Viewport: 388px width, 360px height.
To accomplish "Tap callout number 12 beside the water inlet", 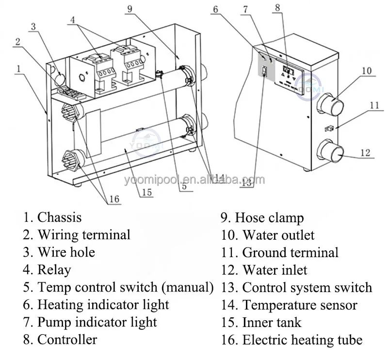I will (365, 153).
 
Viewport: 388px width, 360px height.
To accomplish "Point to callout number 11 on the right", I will (373, 105).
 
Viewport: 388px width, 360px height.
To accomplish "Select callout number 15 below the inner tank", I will (147, 192).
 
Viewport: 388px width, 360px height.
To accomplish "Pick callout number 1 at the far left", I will (18, 69).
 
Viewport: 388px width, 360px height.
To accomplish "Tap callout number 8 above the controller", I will (277, 8).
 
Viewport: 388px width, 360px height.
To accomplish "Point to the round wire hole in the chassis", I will (59, 78).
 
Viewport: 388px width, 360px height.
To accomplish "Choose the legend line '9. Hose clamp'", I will (262, 218).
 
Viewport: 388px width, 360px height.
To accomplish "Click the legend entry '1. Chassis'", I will (52, 217).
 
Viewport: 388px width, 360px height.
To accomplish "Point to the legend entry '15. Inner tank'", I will (261, 323).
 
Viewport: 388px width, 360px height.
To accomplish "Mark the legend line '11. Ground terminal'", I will (280, 253).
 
